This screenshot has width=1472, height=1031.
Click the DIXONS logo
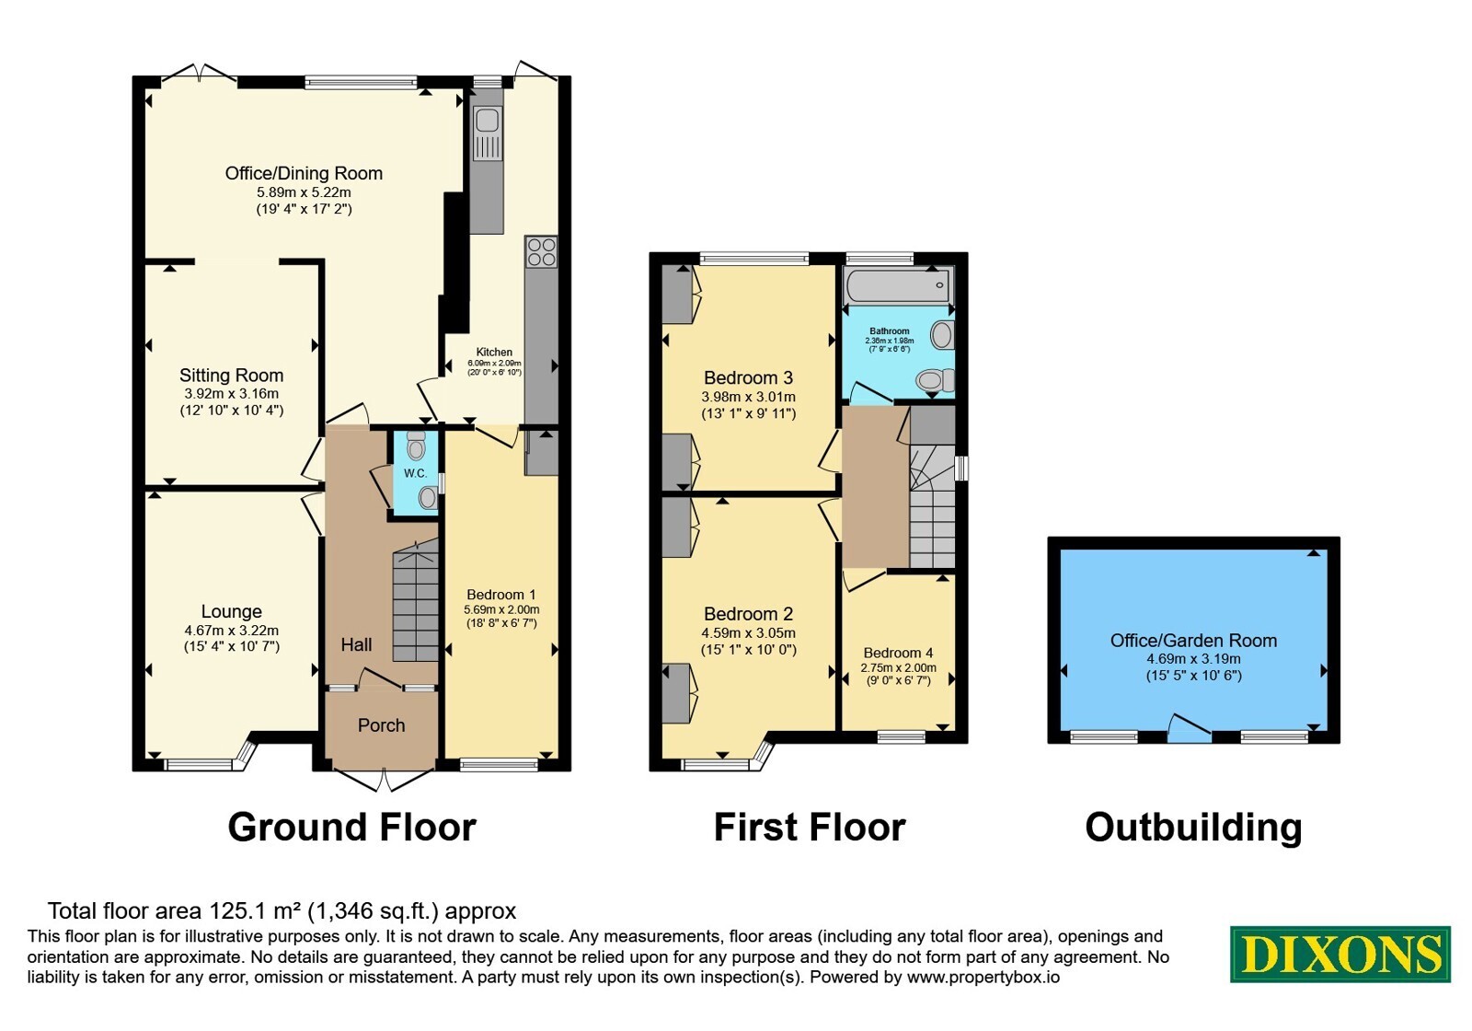(1340, 954)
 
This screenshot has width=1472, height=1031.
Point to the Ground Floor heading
(351, 828)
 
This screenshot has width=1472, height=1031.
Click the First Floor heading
(810, 828)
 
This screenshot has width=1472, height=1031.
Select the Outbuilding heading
(1193, 828)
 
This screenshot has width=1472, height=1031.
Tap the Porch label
(381, 725)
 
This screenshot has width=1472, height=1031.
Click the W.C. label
(415, 473)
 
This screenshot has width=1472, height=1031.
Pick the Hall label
(356, 644)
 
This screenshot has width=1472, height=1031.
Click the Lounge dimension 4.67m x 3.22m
(231, 631)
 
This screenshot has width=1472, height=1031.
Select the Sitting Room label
(231, 376)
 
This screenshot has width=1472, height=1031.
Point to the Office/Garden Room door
(1189, 728)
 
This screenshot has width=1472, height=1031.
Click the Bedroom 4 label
(898, 653)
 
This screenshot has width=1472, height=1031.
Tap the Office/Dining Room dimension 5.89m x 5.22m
(304, 192)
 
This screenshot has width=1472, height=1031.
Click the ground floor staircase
(415, 600)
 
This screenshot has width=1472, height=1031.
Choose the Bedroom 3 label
(749, 378)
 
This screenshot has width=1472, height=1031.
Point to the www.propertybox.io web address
(983, 977)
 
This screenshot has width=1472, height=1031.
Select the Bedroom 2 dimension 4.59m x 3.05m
(749, 633)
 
